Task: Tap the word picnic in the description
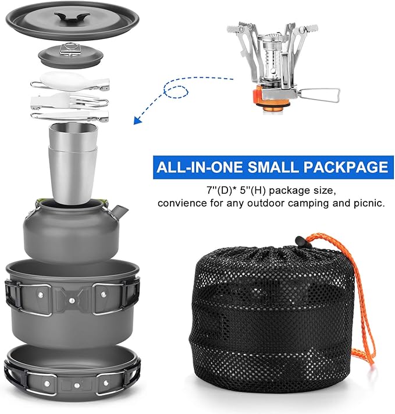tap(370, 204)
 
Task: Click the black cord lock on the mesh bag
tap(300, 240)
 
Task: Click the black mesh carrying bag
tap(271, 320)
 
